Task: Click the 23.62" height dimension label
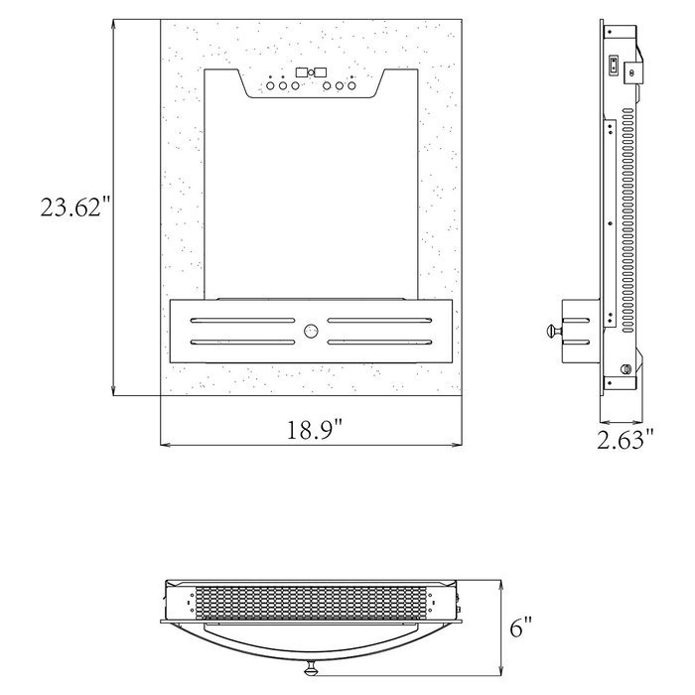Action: [x=75, y=208]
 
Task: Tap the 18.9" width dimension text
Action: [x=315, y=430]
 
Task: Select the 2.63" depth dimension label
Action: [x=625, y=440]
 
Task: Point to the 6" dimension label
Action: [x=520, y=628]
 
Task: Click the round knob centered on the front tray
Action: [x=311, y=331]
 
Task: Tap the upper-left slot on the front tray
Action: [x=243, y=320]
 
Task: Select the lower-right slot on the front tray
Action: [x=379, y=343]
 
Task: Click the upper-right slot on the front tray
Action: [x=379, y=320]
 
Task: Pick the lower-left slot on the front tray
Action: [x=243, y=343]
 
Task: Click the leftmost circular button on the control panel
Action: [x=270, y=86]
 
